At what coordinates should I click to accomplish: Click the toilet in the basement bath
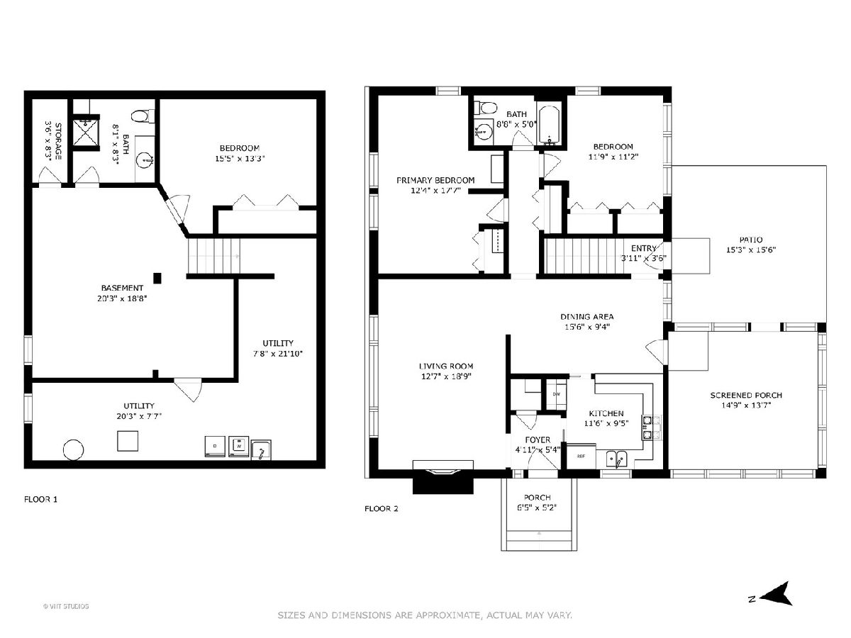click(143, 116)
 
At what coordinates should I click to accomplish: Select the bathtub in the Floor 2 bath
click(548, 123)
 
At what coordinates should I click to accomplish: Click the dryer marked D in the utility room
click(215, 447)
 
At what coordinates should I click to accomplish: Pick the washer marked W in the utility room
click(238, 447)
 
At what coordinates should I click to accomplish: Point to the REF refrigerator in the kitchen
click(581, 457)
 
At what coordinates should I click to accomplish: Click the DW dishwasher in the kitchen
click(557, 394)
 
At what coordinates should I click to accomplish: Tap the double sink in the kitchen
click(617, 459)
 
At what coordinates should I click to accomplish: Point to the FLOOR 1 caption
click(40, 499)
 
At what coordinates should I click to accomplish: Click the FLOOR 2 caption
click(381, 508)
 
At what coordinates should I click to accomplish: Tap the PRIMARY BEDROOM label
click(435, 180)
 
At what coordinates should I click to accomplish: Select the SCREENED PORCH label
click(746, 395)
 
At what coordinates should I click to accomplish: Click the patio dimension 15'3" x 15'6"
click(750, 250)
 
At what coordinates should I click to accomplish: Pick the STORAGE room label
click(58, 141)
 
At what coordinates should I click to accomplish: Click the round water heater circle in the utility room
click(73, 449)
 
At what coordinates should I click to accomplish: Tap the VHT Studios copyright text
click(66, 606)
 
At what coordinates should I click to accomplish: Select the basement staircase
click(213, 256)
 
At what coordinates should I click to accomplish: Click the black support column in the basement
click(157, 278)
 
